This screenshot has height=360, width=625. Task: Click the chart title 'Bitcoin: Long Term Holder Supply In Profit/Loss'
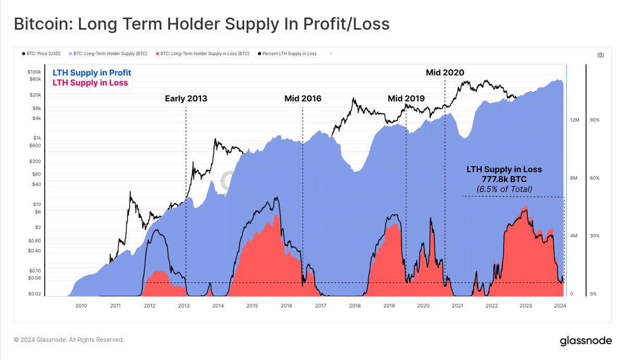pos(201,23)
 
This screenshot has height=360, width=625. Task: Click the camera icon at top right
pos(601,55)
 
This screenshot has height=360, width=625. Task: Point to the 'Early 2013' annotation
pos(186,98)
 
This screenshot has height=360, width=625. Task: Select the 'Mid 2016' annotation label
pos(303,98)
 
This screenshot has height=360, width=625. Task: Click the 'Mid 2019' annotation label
pos(406,98)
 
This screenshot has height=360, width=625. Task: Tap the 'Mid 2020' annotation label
pos(444,72)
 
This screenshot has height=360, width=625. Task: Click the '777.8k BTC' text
pos(504,179)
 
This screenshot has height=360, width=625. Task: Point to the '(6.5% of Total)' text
pos(504,189)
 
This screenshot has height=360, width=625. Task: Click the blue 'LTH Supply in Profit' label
pos(92,72)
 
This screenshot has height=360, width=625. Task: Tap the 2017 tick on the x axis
pos(320,306)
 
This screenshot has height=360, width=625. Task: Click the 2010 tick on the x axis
pos(81,306)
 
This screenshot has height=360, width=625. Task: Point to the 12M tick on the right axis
pos(574,120)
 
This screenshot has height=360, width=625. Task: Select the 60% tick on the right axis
pos(594,178)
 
